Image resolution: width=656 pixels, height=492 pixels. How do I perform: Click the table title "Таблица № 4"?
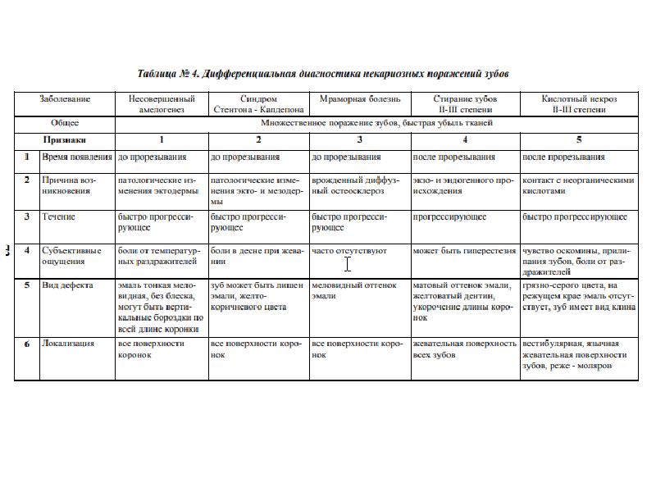coord(325,74)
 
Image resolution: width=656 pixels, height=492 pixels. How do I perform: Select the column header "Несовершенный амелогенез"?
coord(162,103)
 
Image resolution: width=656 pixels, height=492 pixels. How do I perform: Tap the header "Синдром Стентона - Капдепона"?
coord(258,103)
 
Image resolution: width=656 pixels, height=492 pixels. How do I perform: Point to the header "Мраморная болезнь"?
coord(359,99)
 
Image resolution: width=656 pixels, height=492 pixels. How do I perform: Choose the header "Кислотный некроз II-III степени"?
coord(579,103)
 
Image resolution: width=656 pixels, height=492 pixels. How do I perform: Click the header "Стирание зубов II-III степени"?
coord(464,103)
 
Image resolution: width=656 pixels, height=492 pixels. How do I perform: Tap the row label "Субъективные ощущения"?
coord(71,256)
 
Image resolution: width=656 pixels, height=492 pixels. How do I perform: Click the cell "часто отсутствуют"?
coord(349,250)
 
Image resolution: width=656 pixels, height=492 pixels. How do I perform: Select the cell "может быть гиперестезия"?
coord(464,250)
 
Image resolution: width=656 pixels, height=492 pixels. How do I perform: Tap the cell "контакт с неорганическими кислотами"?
coord(578,184)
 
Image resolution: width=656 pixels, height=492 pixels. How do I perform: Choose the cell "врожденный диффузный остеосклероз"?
coord(358,184)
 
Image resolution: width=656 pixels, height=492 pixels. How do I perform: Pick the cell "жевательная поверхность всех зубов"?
coord(464,349)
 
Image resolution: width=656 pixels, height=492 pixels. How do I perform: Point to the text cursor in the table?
coord(348,264)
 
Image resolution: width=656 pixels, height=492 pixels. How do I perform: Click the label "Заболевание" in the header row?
coord(65,99)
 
